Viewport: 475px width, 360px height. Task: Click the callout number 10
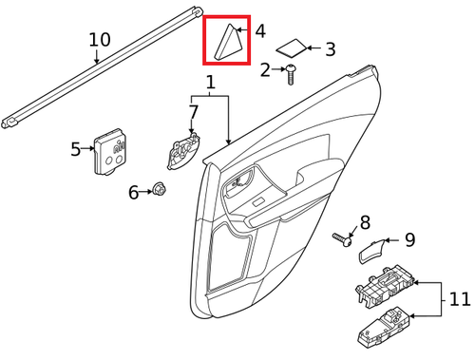pyautogui.click(x=100, y=40)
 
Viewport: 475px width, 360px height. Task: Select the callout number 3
pyautogui.click(x=330, y=49)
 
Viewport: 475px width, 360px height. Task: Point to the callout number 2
pyautogui.click(x=265, y=68)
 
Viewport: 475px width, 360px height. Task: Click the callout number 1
pyautogui.click(x=210, y=85)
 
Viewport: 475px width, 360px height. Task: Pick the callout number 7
pyautogui.click(x=194, y=112)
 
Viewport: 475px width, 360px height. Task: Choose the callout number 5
pyautogui.click(x=76, y=149)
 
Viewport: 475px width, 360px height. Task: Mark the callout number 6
pyautogui.click(x=134, y=193)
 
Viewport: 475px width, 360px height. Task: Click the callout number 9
pyautogui.click(x=410, y=239)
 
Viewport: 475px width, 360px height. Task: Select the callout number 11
pyautogui.click(x=460, y=301)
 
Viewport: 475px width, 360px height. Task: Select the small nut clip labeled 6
pyautogui.click(x=160, y=193)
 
